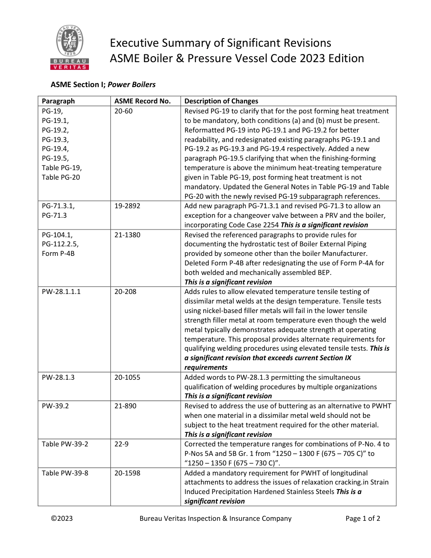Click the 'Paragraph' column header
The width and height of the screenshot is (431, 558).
(58, 101)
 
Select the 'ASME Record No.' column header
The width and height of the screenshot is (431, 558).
(142, 101)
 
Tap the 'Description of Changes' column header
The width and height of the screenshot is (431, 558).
(221, 101)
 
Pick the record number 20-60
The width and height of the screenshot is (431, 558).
(123, 111)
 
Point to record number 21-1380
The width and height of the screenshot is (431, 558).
(127, 235)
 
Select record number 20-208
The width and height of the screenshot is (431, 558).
(125, 292)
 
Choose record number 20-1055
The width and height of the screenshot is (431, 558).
(127, 377)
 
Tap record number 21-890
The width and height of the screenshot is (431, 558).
(125, 406)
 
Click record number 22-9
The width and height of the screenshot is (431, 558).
(121, 444)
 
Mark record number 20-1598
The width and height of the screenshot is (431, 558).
(127, 473)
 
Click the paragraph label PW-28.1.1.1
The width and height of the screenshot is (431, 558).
(61, 292)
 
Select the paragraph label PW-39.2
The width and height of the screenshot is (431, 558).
(55, 406)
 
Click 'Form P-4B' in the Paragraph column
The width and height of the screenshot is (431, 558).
(58, 254)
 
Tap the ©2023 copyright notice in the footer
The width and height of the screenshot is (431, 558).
(62, 519)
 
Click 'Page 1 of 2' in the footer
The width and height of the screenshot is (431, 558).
(362, 519)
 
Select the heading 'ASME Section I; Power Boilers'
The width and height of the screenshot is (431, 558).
(103, 84)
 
